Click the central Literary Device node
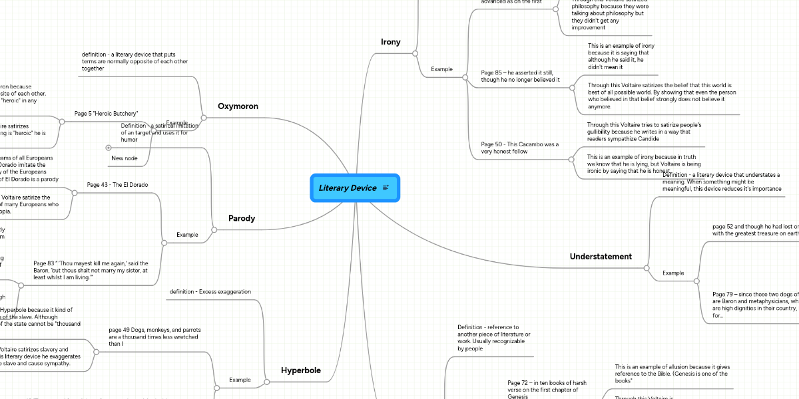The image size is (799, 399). [x=348, y=188]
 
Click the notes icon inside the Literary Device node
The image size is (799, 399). [x=386, y=188]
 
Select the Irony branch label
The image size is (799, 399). [x=390, y=42]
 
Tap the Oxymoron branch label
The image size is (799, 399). [x=238, y=106]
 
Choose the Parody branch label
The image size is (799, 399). [x=242, y=218]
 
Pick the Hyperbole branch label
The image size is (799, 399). [x=300, y=370]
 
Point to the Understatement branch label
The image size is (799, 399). [x=601, y=257]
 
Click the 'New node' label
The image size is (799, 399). [x=125, y=158]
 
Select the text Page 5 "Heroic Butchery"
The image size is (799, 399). [x=111, y=114]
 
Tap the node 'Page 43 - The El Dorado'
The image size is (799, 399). [x=117, y=184]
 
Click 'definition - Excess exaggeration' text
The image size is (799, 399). [x=210, y=292]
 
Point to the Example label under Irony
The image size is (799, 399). [x=441, y=69]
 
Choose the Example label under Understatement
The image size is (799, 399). [x=672, y=273]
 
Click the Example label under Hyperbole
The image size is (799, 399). [x=240, y=380]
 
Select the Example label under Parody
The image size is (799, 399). [x=186, y=235]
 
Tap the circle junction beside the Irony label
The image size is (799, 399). [x=415, y=53]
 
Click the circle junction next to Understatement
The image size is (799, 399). [x=647, y=267]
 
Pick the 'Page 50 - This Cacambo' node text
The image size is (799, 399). [x=520, y=148]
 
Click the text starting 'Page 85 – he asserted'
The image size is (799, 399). [x=520, y=76]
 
